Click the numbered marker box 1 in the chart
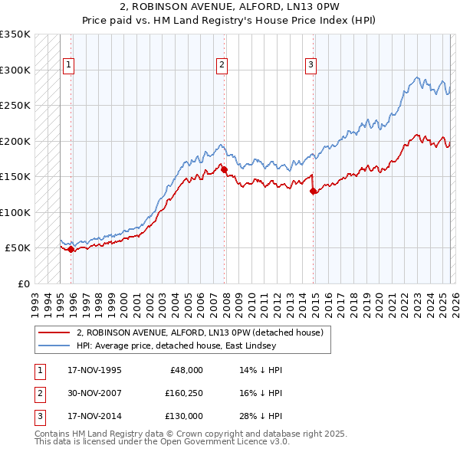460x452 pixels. [x=69, y=66]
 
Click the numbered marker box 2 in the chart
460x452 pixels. [x=222, y=66]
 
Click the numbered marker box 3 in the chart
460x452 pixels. [x=310, y=66]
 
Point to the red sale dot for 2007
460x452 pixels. [x=225, y=169]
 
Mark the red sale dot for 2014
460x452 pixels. [x=313, y=192]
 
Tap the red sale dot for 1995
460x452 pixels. [x=71, y=249]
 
